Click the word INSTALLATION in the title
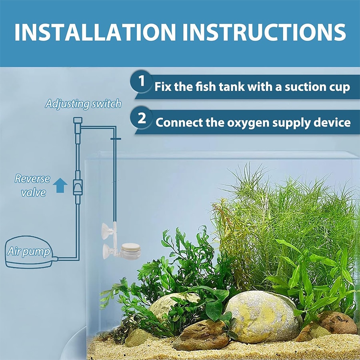[95, 32]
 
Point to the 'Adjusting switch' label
[83, 104]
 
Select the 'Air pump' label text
[29, 252]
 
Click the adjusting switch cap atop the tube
[78, 120]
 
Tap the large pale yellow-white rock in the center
[262, 316]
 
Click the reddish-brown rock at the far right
[338, 322]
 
